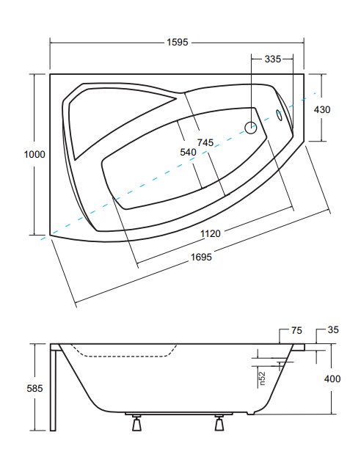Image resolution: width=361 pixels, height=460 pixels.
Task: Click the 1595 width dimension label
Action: pos(178,43)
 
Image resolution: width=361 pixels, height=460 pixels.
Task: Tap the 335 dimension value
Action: pos(273,59)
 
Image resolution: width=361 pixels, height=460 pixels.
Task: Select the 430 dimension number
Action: pos(322,110)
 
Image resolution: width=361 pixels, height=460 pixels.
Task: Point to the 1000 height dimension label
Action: pos(34,154)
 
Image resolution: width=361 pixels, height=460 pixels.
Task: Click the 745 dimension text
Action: pos(205,142)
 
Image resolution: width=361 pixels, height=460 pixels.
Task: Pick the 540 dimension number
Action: pos(188,153)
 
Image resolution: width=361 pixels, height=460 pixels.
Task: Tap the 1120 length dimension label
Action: pos(211,234)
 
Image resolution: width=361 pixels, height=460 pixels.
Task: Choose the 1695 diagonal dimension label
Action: pos(201,258)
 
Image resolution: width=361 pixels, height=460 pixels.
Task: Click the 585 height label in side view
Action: pos(34,388)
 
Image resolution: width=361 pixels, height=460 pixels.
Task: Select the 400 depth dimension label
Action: pos(332,379)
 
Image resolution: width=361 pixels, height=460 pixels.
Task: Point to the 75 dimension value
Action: pos(296,331)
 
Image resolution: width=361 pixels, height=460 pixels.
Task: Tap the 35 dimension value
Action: pos(333,329)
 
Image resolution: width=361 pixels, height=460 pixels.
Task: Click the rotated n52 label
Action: pos(262,379)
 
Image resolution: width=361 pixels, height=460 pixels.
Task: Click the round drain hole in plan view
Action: pos(251,128)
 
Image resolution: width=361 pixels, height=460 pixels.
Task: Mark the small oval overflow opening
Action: pos(279,115)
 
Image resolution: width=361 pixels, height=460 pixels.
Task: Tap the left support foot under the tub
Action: pos(136,423)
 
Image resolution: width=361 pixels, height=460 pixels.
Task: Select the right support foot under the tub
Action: pos(219,423)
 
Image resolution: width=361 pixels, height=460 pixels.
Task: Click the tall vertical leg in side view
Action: pos(53,387)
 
